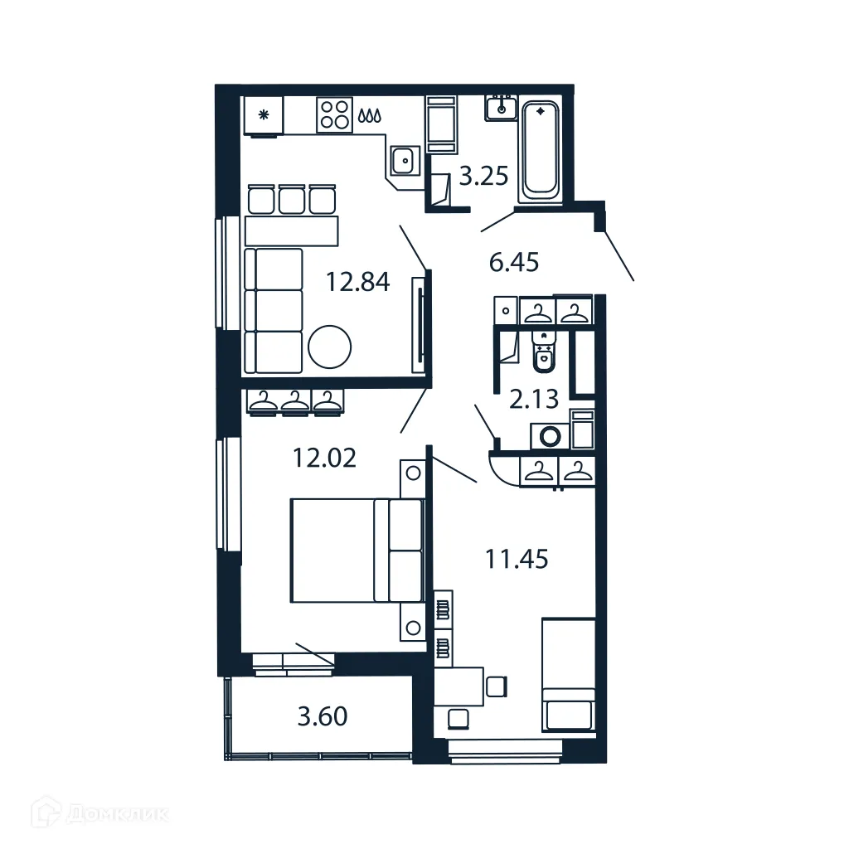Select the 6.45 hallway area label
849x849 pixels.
coord(514,263)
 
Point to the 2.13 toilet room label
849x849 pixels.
coord(534,400)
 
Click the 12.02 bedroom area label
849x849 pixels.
coord(325,457)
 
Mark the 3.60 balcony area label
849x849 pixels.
coord(323,716)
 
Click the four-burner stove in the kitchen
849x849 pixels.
coord(334,115)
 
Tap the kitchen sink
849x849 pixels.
coord(405,159)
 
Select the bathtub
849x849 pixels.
coord(540,149)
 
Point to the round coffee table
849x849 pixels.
coord(330,344)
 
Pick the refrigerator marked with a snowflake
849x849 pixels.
coord(264,116)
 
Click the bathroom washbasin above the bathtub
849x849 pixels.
coord(502,108)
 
